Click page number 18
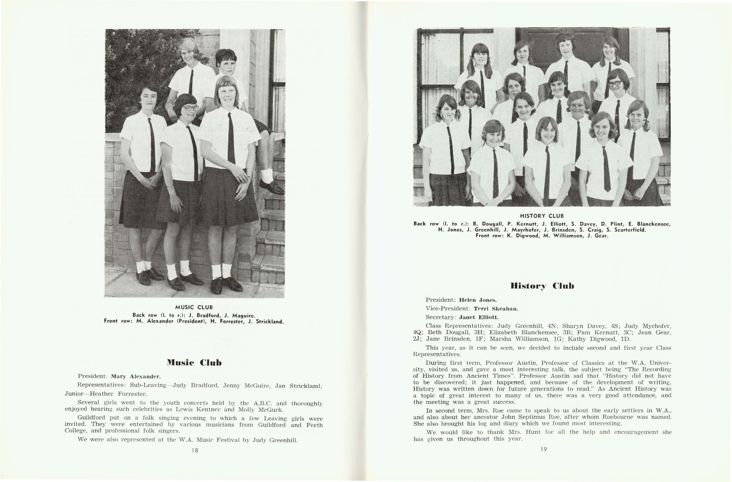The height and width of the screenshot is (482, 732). [194, 450]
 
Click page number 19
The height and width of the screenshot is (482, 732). [544, 449]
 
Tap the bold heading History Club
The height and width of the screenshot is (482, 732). [542, 286]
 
